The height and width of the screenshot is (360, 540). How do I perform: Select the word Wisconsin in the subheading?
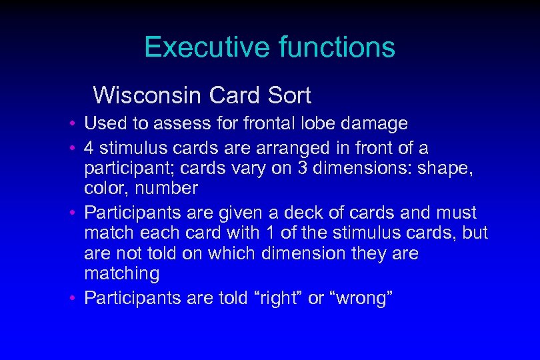147,96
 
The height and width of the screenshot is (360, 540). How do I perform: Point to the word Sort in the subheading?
289,96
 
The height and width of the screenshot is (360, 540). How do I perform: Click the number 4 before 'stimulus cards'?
89,147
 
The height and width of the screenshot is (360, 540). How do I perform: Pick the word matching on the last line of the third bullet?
122,274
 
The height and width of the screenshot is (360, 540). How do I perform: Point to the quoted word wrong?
361,297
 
